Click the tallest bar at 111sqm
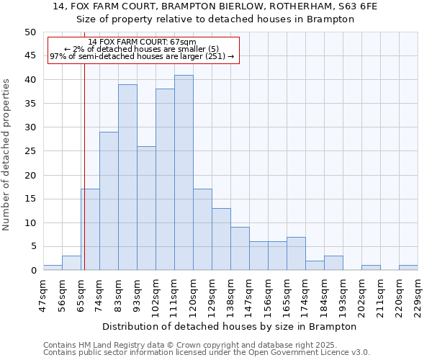click(x=184, y=173)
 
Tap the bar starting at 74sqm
click(x=109, y=201)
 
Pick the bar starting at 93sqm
click(x=146, y=208)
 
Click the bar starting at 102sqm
click(x=165, y=179)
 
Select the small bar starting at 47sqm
click(x=53, y=268)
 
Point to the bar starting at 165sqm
click(x=296, y=253)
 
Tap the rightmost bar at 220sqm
click(x=408, y=268)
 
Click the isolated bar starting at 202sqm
click(x=371, y=268)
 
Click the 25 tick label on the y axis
click(x=30, y=151)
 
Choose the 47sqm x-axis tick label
click(x=44, y=296)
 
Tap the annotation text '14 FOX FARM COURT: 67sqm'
click(x=142, y=42)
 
